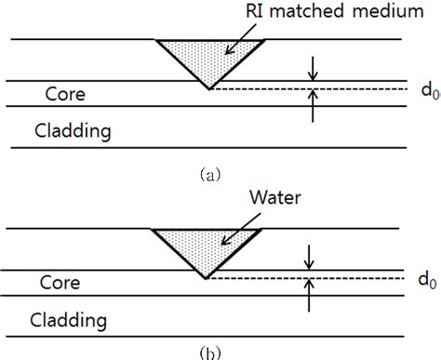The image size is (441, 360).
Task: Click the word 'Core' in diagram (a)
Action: tap(62, 94)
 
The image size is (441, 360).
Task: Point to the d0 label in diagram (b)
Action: tap(422, 279)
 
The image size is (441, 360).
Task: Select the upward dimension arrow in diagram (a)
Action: tap(314, 107)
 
